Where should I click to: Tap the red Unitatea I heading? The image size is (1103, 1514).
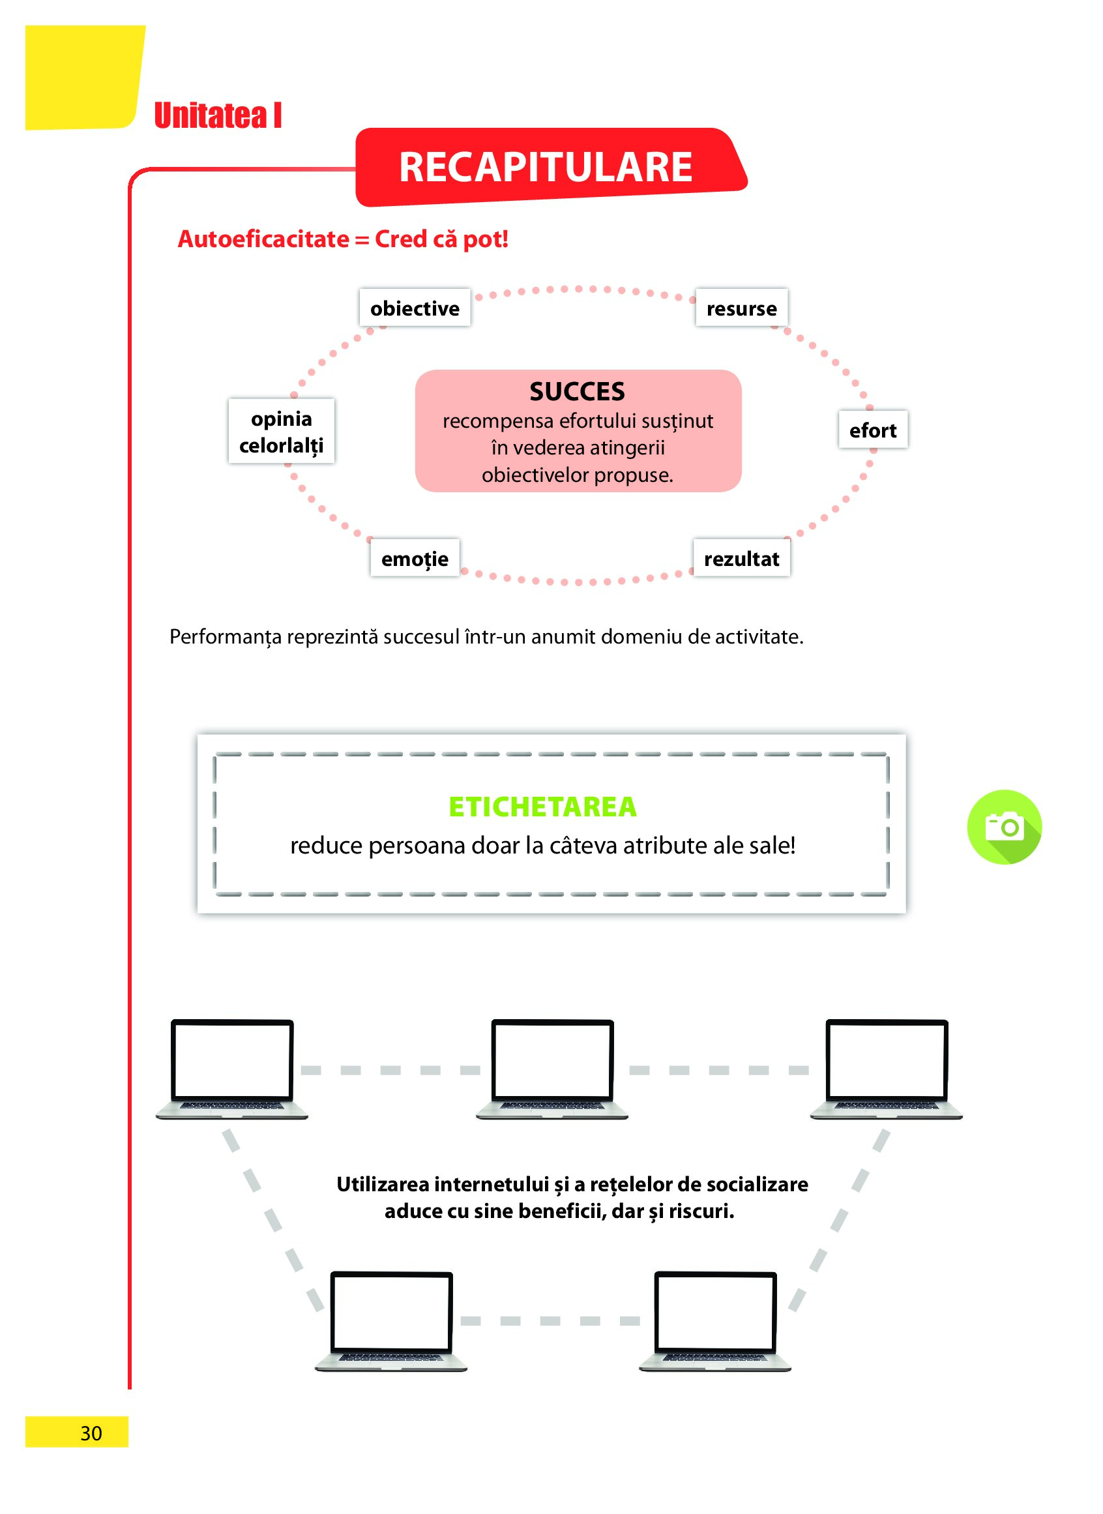coord(218,115)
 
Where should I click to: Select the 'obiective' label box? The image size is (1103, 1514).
coord(415,308)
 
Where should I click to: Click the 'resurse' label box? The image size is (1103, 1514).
coord(741,308)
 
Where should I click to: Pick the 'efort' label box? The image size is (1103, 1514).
coord(873,430)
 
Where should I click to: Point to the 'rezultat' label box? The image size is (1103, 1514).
coord(741,558)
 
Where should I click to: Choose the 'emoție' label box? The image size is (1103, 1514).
coord(415,558)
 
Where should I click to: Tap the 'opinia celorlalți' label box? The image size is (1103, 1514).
coord(281,432)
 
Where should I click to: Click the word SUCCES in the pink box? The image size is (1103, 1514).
coord(577,391)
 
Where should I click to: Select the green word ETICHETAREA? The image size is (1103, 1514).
coord(542,807)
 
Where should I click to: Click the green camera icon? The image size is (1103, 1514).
coord(1004,827)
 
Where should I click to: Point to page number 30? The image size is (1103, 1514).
coord(91,1432)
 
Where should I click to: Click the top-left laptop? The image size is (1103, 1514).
coord(231,1069)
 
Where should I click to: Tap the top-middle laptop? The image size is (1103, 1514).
coord(552,1069)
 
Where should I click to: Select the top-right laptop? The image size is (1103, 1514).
coord(886,1069)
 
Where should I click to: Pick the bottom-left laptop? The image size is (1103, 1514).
coord(391,1321)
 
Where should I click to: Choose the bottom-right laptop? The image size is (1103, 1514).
coord(715,1321)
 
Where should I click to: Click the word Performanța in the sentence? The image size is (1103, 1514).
coord(226,637)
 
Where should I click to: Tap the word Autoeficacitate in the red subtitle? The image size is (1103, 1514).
coord(263,239)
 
